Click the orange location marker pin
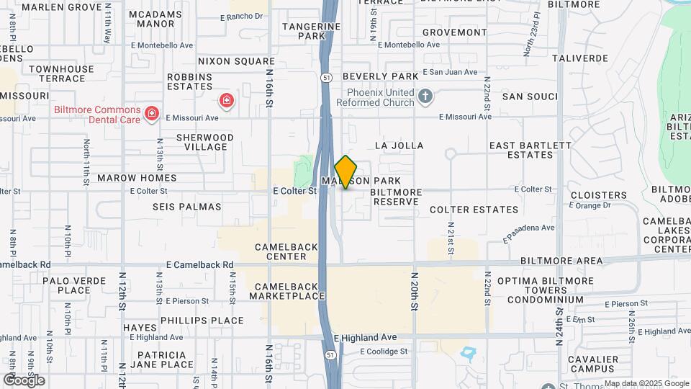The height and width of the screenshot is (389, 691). point(345,172)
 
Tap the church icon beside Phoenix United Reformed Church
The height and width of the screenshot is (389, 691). point(425,97)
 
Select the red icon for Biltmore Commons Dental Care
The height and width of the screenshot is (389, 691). point(152,113)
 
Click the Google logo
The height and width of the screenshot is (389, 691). point(24,380)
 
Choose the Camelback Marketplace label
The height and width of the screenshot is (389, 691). point(286,291)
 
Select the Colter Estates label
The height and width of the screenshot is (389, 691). point(474,210)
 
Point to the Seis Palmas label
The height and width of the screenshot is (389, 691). point(187,206)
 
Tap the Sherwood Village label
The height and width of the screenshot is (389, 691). point(205,141)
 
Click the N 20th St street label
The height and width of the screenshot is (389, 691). point(415,291)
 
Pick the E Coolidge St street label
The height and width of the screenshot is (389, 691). point(384,352)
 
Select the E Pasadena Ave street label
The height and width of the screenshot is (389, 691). point(529,232)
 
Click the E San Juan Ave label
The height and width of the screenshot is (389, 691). point(450,72)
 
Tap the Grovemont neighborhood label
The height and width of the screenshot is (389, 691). point(454,32)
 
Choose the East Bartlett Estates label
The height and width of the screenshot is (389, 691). point(530,150)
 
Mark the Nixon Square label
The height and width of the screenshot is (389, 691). point(226,62)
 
